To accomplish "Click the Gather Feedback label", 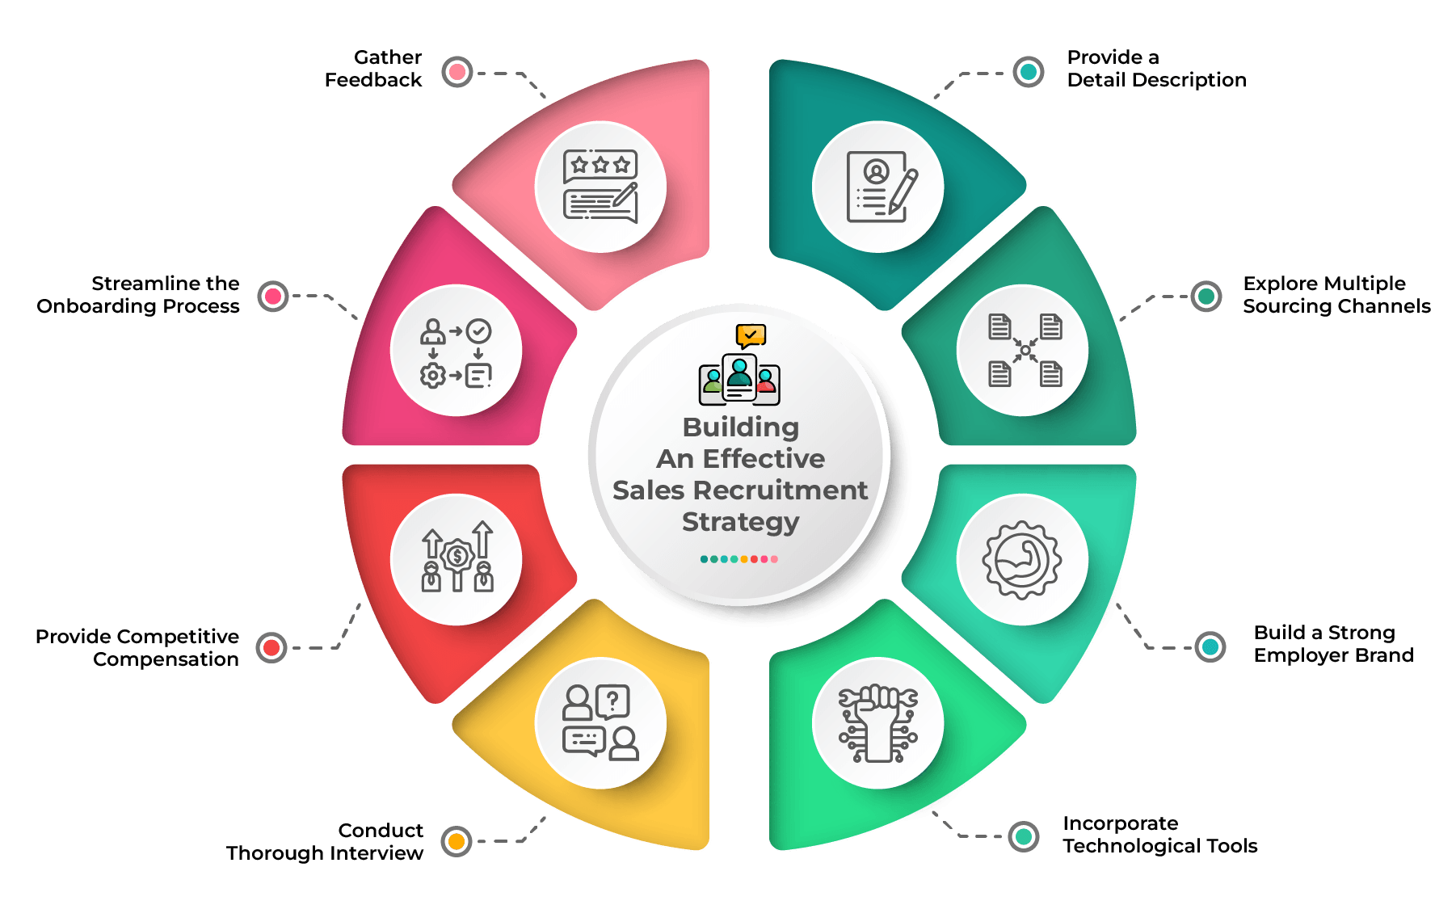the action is [x=373, y=69].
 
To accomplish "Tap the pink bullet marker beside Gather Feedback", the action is [x=457, y=72].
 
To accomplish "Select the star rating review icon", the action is [x=600, y=186].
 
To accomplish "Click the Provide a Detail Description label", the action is [x=1156, y=69].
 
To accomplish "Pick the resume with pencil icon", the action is [x=882, y=187].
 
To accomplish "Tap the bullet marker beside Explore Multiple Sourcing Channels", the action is [x=1206, y=297].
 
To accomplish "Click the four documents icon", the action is [x=1025, y=350].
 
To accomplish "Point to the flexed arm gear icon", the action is [x=1022, y=560].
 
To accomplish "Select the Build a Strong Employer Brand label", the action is [x=1333, y=644].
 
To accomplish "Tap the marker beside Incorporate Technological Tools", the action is [x=1024, y=836].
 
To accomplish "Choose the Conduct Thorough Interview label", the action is [x=325, y=842].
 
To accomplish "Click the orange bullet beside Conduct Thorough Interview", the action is [x=457, y=841].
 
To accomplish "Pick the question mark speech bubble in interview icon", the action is [x=612, y=702].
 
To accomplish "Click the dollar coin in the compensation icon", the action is [x=457, y=556].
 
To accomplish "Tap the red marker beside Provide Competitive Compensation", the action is [x=271, y=647].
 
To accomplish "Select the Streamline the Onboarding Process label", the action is [x=138, y=295].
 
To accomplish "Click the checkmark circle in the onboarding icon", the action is [x=479, y=330].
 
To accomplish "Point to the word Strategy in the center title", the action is [x=740, y=523].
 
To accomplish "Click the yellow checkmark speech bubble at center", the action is [x=751, y=335].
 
